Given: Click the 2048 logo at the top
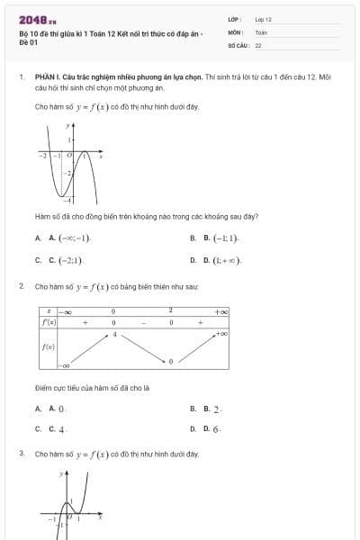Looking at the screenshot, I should (37, 20).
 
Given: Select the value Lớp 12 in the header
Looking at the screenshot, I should (263, 19).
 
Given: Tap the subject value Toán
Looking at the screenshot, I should (261, 31).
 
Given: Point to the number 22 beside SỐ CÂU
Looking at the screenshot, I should (258, 44).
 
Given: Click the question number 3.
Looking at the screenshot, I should (21, 454).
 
